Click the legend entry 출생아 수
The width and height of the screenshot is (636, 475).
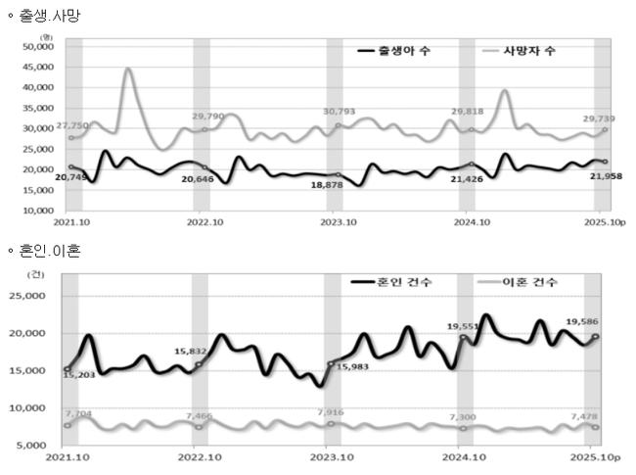404,53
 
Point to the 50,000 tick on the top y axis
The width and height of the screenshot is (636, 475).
36,46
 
